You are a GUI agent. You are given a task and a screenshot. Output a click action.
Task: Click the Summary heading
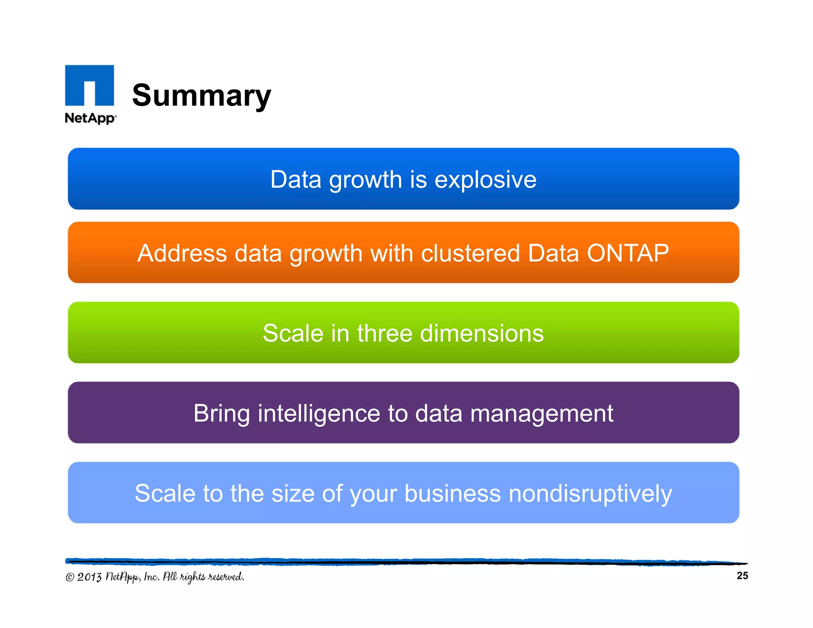click(201, 96)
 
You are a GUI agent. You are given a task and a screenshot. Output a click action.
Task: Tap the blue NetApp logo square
click(90, 85)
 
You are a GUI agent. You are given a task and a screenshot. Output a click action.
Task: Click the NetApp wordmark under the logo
click(91, 118)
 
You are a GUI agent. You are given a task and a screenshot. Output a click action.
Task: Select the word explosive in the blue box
click(485, 180)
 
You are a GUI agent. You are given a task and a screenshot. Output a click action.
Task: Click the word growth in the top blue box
click(365, 180)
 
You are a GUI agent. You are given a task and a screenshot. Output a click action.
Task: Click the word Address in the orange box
click(182, 253)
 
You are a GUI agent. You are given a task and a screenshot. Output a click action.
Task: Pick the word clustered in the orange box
click(470, 253)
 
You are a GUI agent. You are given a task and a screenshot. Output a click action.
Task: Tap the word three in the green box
click(384, 333)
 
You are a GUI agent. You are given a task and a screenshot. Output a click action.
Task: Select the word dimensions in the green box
click(482, 333)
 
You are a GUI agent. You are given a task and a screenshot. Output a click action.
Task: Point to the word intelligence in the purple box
click(319, 414)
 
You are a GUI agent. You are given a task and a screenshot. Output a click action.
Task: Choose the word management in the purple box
click(541, 414)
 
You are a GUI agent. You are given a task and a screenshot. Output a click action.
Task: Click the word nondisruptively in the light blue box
click(590, 494)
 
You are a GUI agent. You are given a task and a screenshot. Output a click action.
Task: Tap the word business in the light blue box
click(453, 494)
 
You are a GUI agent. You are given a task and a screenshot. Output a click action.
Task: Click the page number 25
click(742, 576)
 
